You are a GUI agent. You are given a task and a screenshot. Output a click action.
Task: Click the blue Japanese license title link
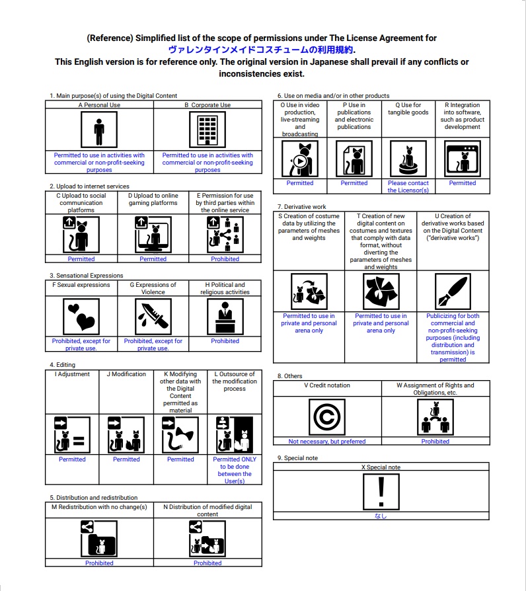click(262, 50)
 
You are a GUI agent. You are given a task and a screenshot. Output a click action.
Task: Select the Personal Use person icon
click(99, 130)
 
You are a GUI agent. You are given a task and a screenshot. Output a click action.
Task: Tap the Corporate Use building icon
click(207, 130)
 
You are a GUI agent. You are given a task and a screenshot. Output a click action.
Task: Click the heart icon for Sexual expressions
click(81, 317)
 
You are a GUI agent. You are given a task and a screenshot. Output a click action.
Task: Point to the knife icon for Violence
click(153, 317)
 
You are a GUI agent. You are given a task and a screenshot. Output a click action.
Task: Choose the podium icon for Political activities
click(225, 317)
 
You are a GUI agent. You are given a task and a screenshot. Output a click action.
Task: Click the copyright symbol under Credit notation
click(327, 417)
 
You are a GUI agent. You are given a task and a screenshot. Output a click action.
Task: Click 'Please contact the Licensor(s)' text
click(408, 186)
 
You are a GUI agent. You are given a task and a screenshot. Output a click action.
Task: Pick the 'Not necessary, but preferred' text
click(327, 442)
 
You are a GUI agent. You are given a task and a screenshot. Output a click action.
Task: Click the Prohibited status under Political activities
click(225, 341)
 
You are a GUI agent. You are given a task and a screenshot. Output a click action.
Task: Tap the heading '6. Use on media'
click(334, 96)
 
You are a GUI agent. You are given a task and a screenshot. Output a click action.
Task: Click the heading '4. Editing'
click(63, 365)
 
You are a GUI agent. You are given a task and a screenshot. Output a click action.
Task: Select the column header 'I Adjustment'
click(72, 374)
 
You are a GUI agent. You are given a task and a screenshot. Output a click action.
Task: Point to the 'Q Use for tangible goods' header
click(408, 108)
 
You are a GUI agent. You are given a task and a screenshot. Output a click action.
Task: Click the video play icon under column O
click(300, 159)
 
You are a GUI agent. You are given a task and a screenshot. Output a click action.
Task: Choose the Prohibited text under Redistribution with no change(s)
click(99, 563)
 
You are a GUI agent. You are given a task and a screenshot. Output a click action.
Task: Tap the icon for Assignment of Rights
click(435, 417)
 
